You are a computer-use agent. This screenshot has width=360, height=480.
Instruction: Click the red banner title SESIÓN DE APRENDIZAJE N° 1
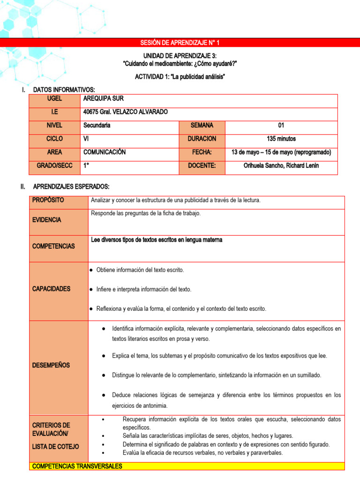coord(180,43)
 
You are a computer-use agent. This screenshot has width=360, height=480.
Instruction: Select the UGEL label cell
coord(54,98)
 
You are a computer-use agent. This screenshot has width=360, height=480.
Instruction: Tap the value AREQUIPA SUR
coord(103,98)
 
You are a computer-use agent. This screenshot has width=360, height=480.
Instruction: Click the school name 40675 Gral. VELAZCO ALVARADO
coord(125,112)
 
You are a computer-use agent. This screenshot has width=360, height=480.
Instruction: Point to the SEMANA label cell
coord(202,125)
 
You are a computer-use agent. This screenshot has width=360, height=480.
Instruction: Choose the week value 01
coord(281,125)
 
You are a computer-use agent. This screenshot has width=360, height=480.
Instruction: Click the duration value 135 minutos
coord(281,139)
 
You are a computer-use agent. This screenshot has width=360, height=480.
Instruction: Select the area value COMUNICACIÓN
coord(104,152)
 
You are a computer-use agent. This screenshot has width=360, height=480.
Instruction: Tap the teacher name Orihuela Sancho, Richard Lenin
coord(281,165)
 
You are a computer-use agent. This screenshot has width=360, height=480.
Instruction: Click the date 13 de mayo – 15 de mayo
coord(281,152)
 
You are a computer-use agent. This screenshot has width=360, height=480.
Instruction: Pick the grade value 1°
coord(86,165)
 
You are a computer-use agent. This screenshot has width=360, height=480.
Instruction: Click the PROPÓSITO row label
coord(48,200)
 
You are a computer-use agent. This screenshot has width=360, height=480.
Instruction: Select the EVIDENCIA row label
coord(46,220)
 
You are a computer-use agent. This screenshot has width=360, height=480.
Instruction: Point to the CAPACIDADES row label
coord(51,289)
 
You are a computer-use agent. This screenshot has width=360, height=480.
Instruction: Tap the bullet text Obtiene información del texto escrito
coord(140,270)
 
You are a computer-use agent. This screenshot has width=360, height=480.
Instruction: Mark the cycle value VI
coord(86,139)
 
